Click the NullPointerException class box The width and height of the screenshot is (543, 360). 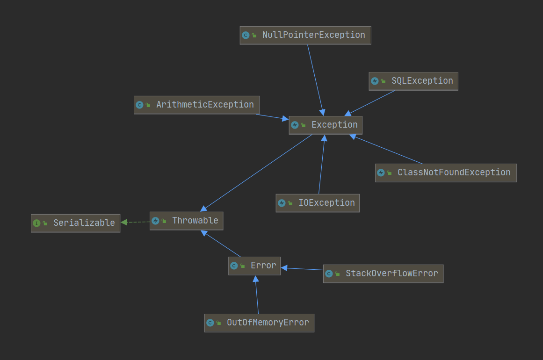pos(305,36)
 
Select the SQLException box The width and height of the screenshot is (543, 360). pos(413,81)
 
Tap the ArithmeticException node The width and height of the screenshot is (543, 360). pos(196,105)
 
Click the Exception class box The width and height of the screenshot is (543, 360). pos(326,125)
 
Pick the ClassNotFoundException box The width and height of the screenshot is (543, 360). pos(446,173)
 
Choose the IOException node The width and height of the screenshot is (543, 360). pos(318,203)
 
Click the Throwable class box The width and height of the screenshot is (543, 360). pos(186,221)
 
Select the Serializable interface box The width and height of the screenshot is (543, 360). pos(75,223)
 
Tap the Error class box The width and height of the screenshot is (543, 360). pos(254,266)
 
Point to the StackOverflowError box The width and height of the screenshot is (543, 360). pos(383,274)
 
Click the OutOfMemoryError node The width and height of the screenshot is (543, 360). pos(259,323)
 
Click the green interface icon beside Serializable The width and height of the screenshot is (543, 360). pos(36,223)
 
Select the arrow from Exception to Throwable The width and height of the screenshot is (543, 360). pos(257,172)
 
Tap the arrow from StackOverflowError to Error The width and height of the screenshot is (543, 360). pos(302,269)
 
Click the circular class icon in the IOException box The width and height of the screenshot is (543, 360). pos(282,203)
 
